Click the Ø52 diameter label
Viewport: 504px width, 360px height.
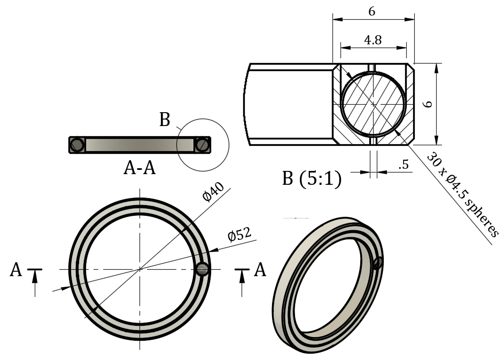[x=239, y=233]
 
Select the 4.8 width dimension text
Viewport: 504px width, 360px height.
[x=373, y=41]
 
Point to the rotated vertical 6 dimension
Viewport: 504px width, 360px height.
[x=427, y=105]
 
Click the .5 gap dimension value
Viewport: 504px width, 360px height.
[x=404, y=165]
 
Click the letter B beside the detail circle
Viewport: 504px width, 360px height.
[x=165, y=120]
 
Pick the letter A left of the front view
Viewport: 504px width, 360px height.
[x=16, y=270]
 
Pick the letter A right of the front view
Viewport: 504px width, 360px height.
[x=260, y=270]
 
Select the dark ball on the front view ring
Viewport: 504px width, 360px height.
[x=203, y=269]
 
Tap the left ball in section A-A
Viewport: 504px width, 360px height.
[x=77, y=144]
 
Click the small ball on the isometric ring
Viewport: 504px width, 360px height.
[x=377, y=262]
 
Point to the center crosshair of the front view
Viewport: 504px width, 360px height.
[x=140, y=269]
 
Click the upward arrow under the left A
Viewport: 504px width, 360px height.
[x=35, y=281]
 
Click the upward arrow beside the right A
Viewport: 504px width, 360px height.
[x=242, y=281]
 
